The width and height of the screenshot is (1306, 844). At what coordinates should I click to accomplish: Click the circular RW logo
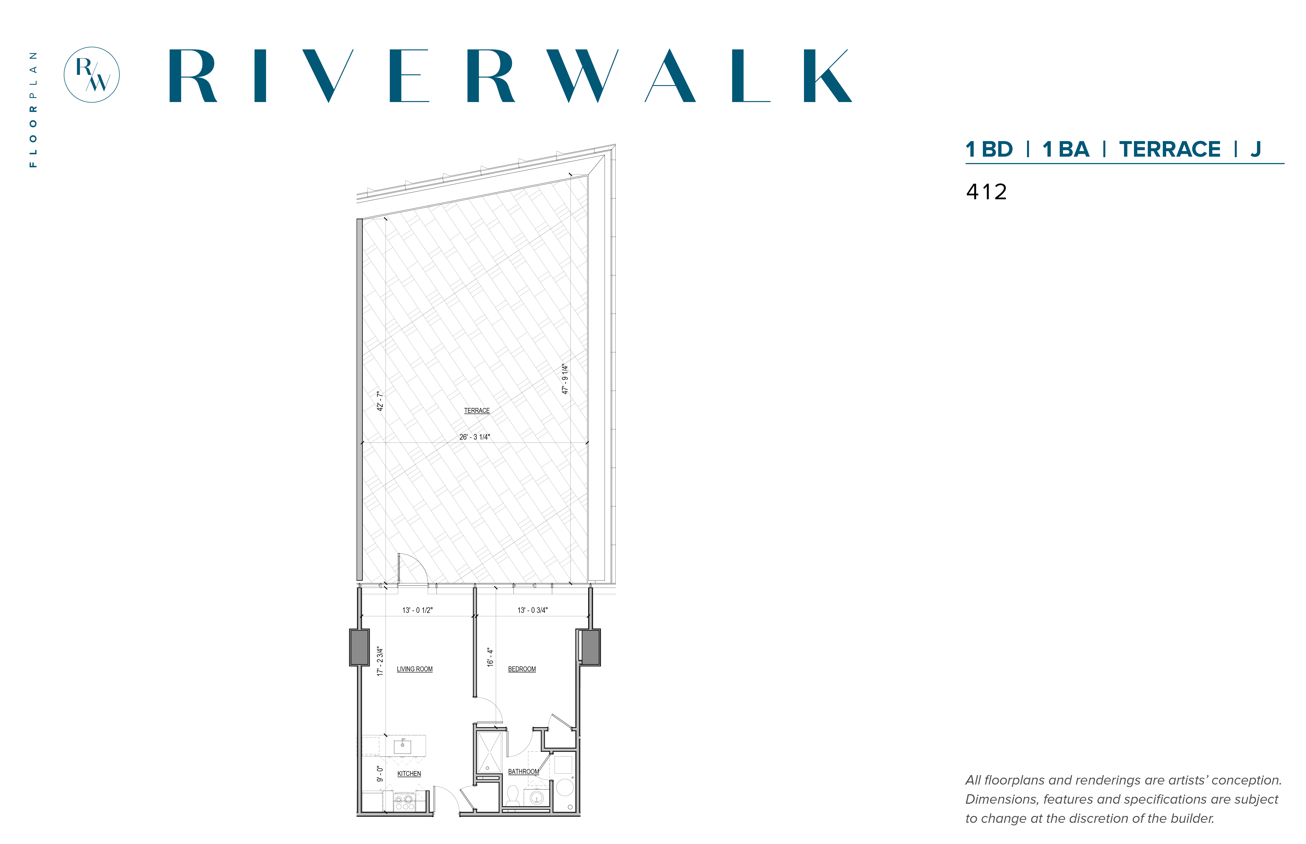92,75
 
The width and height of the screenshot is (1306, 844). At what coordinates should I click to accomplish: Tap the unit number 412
986,192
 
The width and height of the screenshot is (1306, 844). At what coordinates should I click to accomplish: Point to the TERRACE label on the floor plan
477,411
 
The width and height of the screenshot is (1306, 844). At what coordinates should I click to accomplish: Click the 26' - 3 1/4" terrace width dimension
475,437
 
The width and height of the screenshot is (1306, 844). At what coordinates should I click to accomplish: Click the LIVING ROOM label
414,669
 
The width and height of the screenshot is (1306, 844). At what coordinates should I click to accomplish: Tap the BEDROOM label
522,669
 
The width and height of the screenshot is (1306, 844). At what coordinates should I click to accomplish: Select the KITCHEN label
409,774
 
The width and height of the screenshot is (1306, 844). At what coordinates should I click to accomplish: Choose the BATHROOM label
524,772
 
